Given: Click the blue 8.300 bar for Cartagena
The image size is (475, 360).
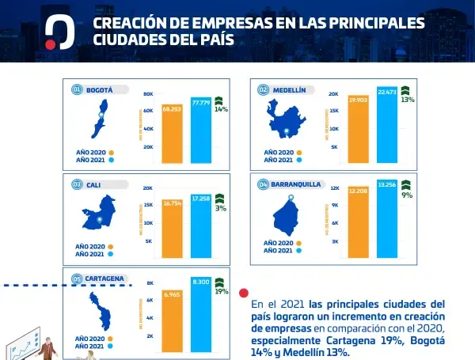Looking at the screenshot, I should pyautogui.click(x=200, y=316).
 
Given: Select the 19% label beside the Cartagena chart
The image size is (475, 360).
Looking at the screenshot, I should pyautogui.click(x=221, y=291).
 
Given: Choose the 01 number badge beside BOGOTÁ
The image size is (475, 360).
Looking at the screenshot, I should pyautogui.click(x=77, y=89).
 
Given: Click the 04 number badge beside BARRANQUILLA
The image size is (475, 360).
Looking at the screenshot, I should pyautogui.click(x=263, y=184).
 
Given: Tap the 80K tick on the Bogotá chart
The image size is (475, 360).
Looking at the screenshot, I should pyautogui.click(x=148, y=94).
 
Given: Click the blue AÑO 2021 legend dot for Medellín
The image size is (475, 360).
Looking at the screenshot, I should pyautogui.click(x=299, y=160).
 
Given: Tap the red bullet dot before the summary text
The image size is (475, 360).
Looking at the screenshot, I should pyautogui.click(x=244, y=292).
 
